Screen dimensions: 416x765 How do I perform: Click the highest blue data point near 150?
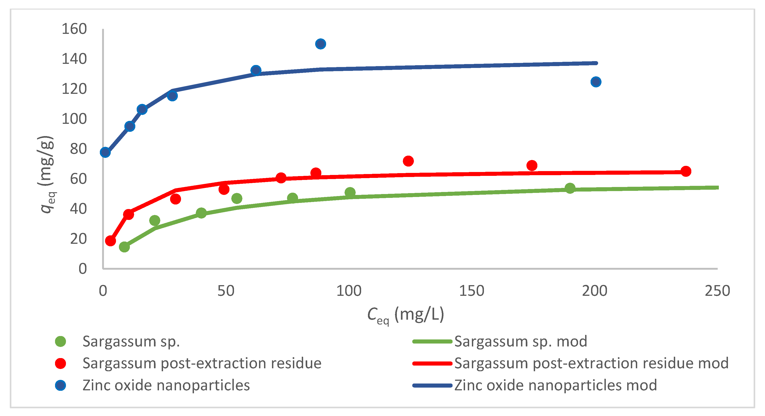(320, 44)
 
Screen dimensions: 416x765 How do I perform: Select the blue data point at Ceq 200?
(596, 82)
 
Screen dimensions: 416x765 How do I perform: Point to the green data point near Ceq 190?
(570, 188)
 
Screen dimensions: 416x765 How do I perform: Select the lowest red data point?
(110, 240)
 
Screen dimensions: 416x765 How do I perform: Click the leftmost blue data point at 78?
(105, 152)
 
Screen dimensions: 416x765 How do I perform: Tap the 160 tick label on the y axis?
(74, 29)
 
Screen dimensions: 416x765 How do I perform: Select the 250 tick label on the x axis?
(717, 291)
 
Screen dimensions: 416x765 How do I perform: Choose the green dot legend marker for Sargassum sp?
(60, 341)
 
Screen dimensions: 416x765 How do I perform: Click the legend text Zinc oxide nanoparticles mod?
(555, 385)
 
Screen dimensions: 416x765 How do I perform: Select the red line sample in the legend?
(432, 363)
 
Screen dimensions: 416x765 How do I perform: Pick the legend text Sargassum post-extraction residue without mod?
(202, 363)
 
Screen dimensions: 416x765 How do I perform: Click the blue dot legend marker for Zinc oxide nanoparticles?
(60, 385)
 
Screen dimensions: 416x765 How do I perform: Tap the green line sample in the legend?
(432, 341)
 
